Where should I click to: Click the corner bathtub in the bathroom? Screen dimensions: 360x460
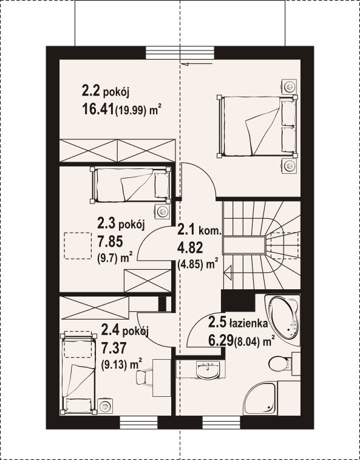283,320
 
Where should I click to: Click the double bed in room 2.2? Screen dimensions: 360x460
257,126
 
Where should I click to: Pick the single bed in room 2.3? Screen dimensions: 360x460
131,185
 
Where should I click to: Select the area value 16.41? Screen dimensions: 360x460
98,110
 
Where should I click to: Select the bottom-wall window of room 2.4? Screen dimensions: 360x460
139,422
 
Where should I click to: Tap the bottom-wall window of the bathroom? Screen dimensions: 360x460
222,422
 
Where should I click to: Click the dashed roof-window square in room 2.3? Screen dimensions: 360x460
78,245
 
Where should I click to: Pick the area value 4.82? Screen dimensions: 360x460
190,248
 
